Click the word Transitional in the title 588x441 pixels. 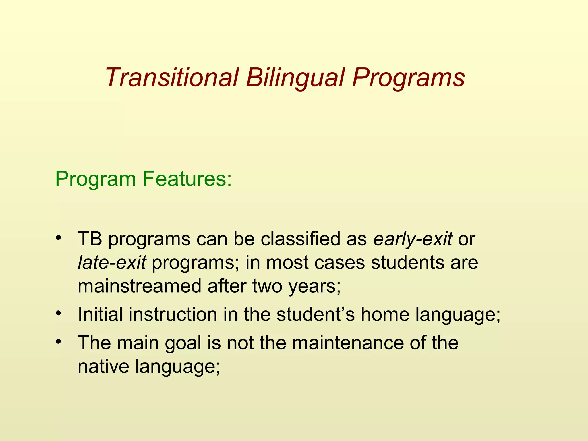click(172, 78)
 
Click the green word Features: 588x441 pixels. click(187, 179)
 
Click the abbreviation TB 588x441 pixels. click(90, 239)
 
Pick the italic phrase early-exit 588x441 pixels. click(413, 239)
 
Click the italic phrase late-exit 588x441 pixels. click(112, 262)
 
